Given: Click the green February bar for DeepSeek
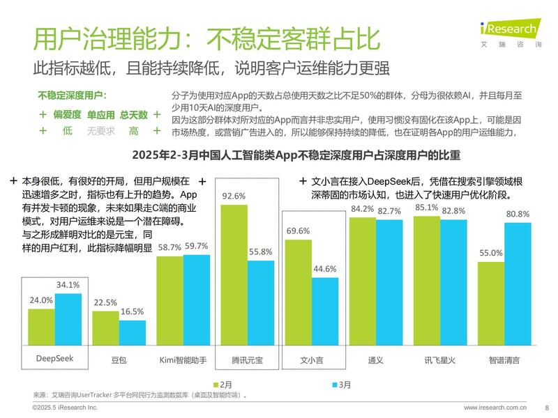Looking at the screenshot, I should click(x=41, y=327).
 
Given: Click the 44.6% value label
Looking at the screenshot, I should click(x=324, y=269).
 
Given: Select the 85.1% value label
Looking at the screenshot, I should click(x=426, y=208).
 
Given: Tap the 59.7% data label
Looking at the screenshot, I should click(x=196, y=246).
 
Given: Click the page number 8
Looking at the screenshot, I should click(x=547, y=407).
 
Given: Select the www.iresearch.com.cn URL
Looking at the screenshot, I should click(x=495, y=407).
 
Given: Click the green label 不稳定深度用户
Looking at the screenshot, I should click(x=77, y=95).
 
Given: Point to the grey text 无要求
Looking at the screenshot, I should click(x=101, y=130).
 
